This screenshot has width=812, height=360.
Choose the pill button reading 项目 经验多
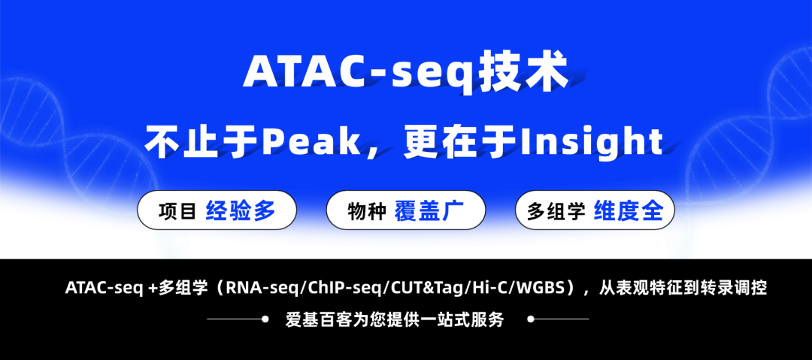coord(217,210)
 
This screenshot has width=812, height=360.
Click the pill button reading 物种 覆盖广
coord(406,210)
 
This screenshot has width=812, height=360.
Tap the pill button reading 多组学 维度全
coord(595,210)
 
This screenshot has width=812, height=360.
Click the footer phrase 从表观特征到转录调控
coord(682,288)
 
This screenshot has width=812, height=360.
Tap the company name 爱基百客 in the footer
coord(311,319)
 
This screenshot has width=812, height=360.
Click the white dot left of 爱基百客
coord(265,319)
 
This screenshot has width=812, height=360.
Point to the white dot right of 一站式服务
coord(531,319)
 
